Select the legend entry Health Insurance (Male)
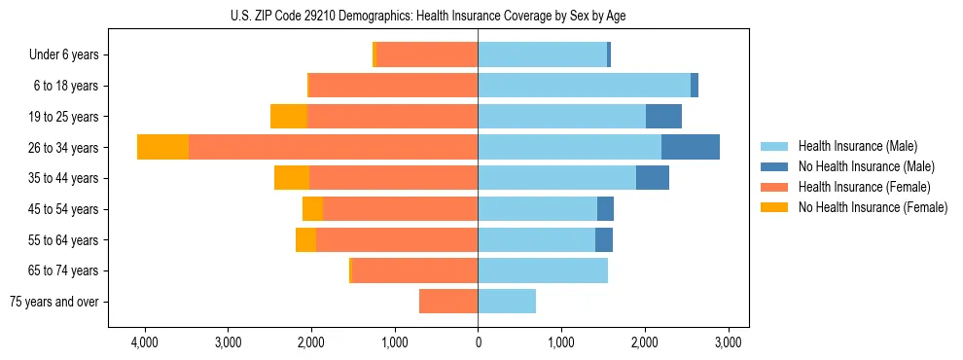point(857,146)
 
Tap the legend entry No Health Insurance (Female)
point(872,207)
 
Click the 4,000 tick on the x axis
point(144,343)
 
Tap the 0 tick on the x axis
point(478,343)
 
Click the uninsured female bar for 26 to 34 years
point(162,147)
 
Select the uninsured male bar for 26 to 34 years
point(691,147)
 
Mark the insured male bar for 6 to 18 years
point(584,86)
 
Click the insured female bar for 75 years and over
point(448,302)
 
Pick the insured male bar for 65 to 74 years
point(543,270)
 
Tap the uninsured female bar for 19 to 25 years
point(289,117)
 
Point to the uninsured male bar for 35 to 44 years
point(653,178)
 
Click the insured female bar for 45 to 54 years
point(400,209)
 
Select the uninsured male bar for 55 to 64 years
point(604,239)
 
